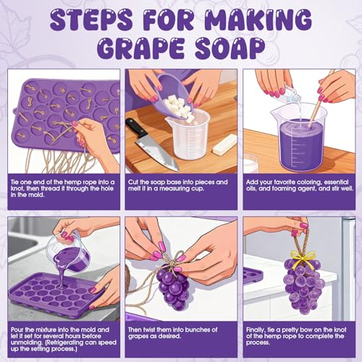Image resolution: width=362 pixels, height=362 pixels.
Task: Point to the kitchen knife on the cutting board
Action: click(153, 144)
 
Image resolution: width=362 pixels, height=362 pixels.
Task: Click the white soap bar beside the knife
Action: click(225, 145)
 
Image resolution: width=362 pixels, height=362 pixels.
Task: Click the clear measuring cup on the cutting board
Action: click(188, 135)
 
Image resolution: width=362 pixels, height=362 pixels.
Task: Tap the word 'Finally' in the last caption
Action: click(255, 330)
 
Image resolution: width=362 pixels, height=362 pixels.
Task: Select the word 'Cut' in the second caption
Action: click(133, 182)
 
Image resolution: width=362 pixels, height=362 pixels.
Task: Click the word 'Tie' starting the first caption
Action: click(14, 182)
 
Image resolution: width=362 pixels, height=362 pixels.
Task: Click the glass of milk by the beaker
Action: click(251, 164)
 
